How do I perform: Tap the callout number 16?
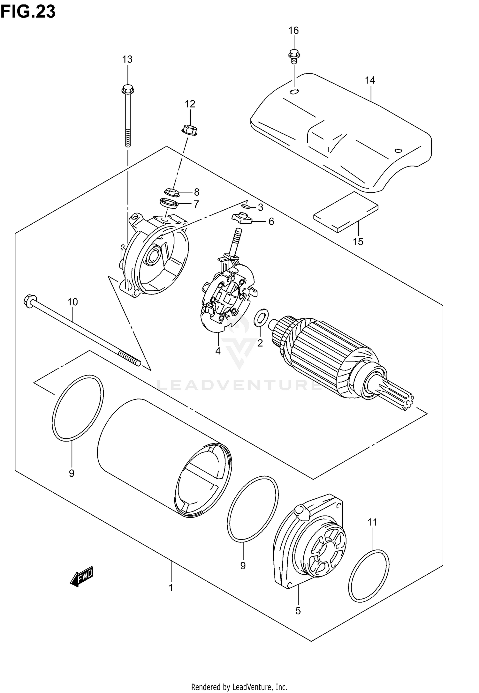293,31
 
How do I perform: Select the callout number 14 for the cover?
370,80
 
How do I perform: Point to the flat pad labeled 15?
346,211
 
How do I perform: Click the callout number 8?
196,192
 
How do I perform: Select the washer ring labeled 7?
169,203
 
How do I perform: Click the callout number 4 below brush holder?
218,351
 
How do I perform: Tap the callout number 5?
298,611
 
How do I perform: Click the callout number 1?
171,587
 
